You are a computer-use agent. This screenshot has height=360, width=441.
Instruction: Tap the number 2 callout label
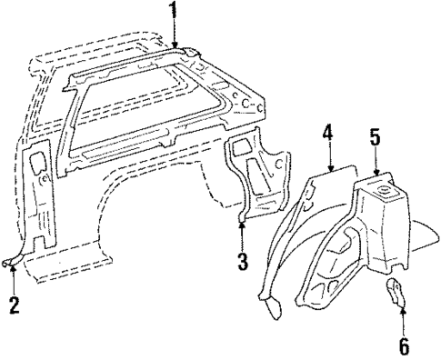point(14,305)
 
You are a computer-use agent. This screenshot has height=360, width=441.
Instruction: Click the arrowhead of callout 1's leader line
point(174,47)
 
